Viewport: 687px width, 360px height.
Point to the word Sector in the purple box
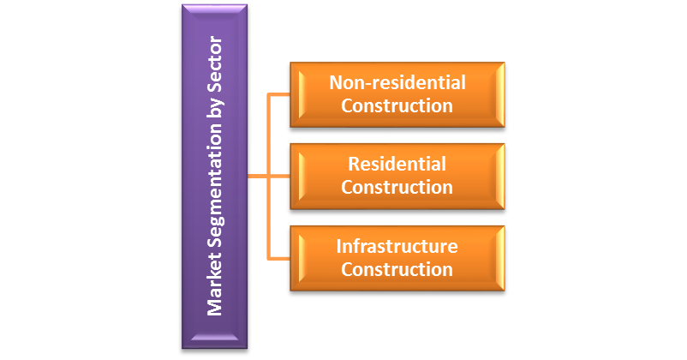pyautogui.click(x=215, y=64)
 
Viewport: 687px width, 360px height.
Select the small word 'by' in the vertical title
pyautogui.click(x=216, y=107)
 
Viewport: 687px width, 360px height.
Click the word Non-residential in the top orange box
pyautogui.click(x=397, y=83)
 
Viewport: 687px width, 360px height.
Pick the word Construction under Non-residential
pyautogui.click(x=397, y=105)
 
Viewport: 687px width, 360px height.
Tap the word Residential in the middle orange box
pyautogui.click(x=397, y=164)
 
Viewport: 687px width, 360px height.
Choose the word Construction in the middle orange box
pyautogui.click(x=397, y=187)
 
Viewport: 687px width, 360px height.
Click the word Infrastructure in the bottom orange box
pyautogui.click(x=397, y=247)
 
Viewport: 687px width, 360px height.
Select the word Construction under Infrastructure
pyautogui.click(x=397, y=269)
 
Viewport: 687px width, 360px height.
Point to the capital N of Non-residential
pyautogui.click(x=336, y=83)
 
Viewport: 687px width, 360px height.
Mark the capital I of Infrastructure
pyautogui.click(x=338, y=247)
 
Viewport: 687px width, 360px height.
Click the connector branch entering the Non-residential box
pyautogui.click(x=279, y=94)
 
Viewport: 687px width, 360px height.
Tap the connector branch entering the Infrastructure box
pyautogui.click(x=279, y=259)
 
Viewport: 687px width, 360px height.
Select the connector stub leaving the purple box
pyautogui.click(x=258, y=177)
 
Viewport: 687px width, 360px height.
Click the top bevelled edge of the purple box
pyautogui.click(x=215, y=9)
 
